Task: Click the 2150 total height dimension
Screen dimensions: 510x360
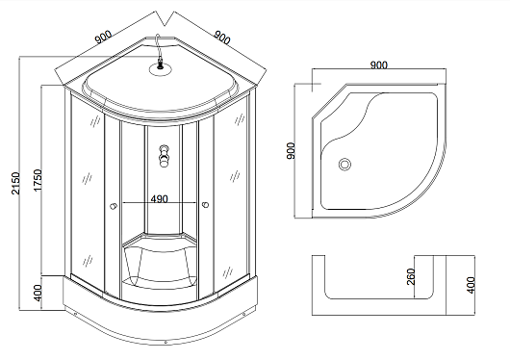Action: (15, 183)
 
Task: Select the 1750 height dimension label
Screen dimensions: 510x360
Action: (38, 180)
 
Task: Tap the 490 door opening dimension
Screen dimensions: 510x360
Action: (160, 199)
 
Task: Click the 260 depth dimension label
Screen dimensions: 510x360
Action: (411, 276)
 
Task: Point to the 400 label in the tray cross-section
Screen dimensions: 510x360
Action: (471, 285)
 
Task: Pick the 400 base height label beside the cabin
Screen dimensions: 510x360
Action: (38, 293)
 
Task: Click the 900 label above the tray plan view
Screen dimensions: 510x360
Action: (379, 65)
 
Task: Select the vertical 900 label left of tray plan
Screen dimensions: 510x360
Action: (291, 150)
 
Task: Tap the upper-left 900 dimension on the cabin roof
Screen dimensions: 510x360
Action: (103, 37)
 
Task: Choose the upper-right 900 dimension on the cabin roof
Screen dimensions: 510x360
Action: (222, 38)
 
